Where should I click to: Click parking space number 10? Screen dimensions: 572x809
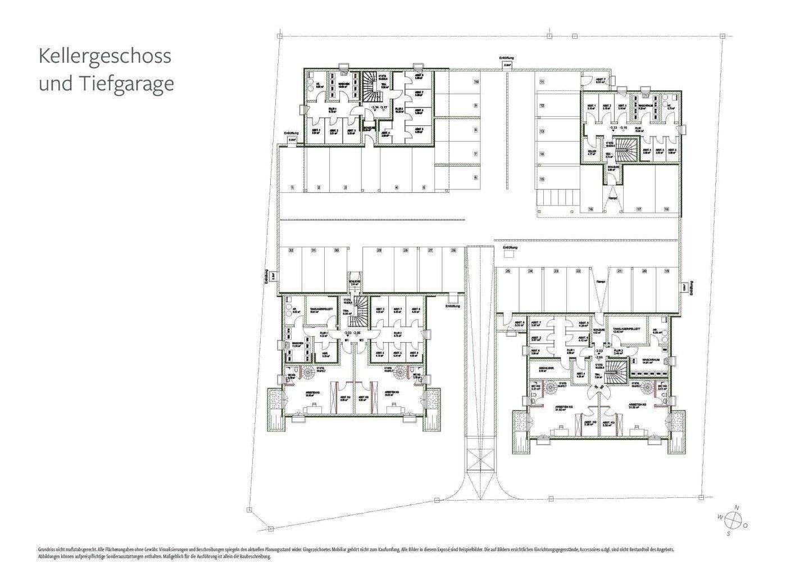pyautogui.click(x=475, y=82)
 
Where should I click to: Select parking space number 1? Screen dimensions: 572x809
pyautogui.click(x=292, y=187)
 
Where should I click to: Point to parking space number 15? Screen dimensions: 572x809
pyautogui.click(x=542, y=179)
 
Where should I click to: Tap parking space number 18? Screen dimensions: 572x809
pyautogui.click(x=666, y=208)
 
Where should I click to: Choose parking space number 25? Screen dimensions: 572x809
pyautogui.click(x=507, y=271)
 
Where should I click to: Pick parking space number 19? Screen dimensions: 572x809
pyautogui.click(x=667, y=271)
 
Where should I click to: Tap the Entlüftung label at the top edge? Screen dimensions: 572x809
pyautogui.click(x=507, y=58)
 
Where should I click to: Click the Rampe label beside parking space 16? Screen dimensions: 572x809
pyautogui.click(x=613, y=198)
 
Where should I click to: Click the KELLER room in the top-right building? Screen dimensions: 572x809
pyautogui.click(x=591, y=152)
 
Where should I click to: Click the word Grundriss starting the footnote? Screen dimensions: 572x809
pyautogui.click(x=47, y=549)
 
